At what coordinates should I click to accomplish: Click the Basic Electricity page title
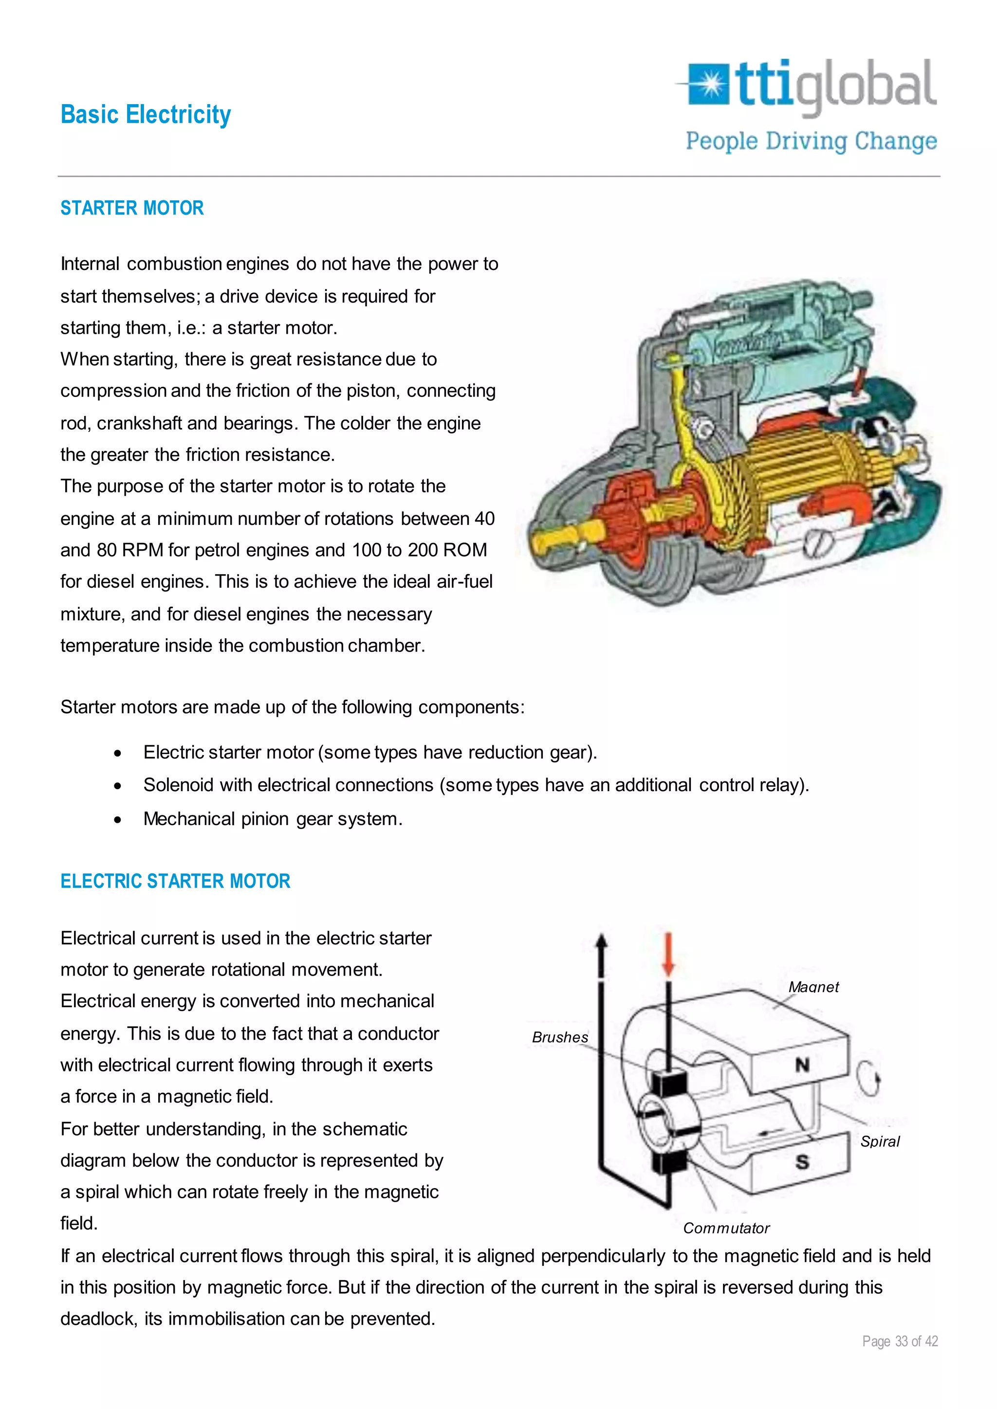(146, 115)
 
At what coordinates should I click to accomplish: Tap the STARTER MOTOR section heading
(132, 208)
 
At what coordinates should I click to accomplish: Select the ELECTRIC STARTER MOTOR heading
(175, 881)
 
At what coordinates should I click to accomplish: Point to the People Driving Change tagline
(811, 141)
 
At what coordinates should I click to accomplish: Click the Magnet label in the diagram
(813, 987)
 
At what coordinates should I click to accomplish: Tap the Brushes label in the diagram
(560, 1037)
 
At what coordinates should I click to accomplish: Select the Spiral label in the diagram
(880, 1141)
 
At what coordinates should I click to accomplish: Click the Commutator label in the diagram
(726, 1228)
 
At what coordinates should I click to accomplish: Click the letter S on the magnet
(802, 1162)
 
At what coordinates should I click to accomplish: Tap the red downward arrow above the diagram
(668, 954)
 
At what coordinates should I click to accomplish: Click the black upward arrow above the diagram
(602, 954)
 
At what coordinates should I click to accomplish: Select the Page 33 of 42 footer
(900, 1341)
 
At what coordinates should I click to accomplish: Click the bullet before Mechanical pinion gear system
(117, 820)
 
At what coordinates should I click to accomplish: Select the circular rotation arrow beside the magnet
(868, 1078)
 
